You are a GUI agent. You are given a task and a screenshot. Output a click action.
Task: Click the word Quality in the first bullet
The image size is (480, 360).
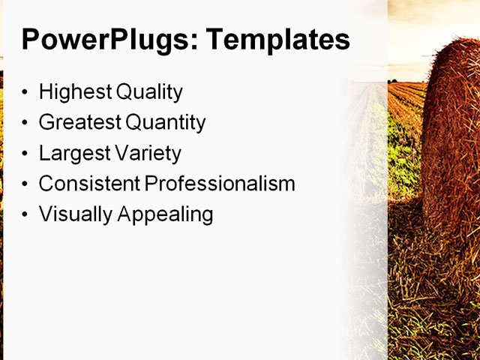150,92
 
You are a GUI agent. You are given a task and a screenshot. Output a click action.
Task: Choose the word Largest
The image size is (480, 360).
73,154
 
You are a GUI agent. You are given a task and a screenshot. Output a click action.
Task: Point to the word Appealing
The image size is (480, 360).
163,214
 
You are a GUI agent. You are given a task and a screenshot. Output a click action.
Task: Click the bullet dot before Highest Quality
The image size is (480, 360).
27,93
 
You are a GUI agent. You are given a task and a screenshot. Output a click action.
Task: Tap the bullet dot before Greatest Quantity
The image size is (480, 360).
27,123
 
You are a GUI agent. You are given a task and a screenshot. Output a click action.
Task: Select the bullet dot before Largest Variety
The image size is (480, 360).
27,154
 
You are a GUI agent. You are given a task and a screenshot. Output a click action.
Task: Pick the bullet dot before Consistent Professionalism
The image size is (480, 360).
27,184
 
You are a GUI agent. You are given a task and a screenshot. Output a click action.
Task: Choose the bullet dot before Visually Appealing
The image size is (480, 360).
27,214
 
